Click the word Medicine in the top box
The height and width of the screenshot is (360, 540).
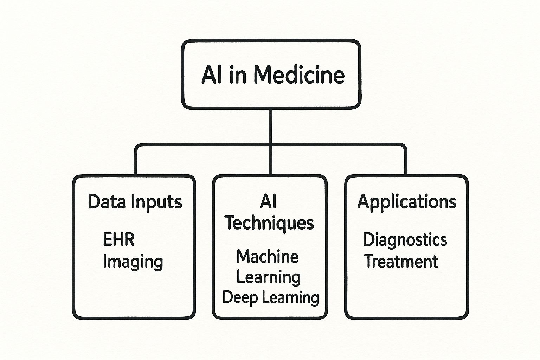pos(299,75)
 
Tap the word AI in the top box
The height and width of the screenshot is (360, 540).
pos(212,75)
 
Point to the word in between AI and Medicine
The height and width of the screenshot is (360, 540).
pos(238,75)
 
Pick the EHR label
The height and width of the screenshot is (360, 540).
pos(118,240)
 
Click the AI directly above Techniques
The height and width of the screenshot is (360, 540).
pos(268,202)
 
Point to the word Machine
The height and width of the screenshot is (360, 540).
pos(268,257)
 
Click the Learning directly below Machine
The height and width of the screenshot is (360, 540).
pos(269,278)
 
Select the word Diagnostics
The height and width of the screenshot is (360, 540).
pos(405,240)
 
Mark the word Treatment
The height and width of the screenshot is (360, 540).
pos(401,262)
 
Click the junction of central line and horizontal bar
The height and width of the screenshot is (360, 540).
pos(270,145)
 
